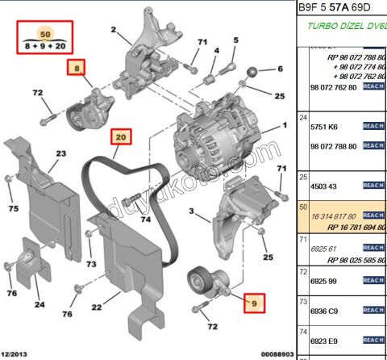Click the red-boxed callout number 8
[76, 69]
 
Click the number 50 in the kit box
[44, 35]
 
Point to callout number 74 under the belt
[145, 219]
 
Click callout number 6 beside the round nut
[281, 69]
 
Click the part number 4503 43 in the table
[323, 186]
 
